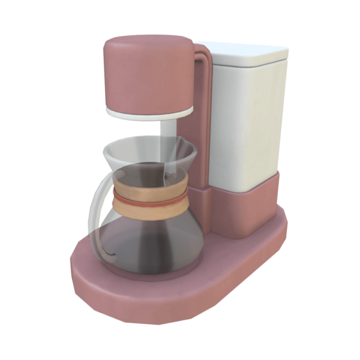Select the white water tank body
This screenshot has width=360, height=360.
pos(246,120)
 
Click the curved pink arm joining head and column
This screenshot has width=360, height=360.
pos(203,60)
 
